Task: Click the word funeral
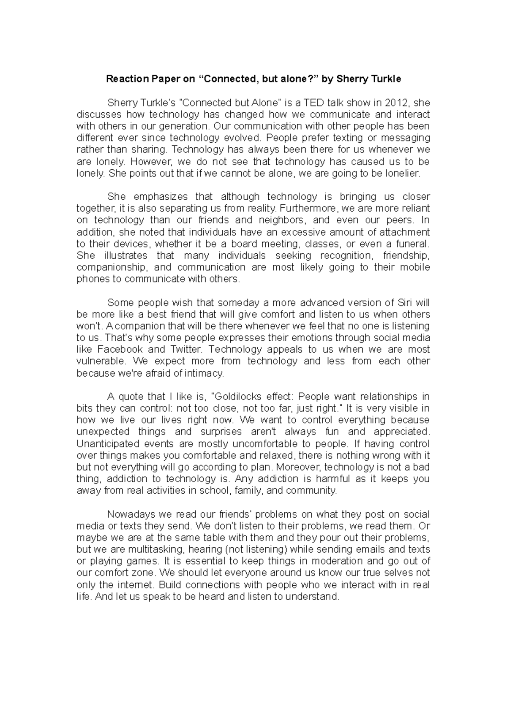412,244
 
